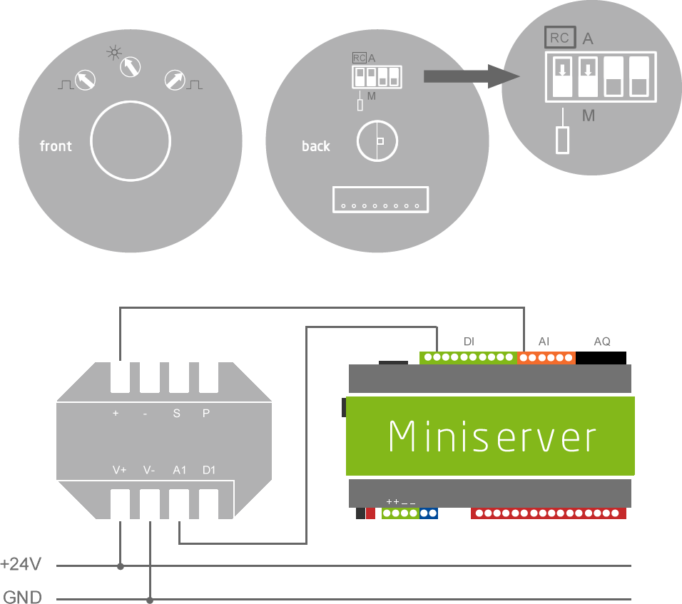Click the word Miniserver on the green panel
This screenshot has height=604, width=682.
pyautogui.click(x=492, y=436)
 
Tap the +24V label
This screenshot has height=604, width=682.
pyautogui.click(x=21, y=565)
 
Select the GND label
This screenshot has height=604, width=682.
pyautogui.click(x=23, y=595)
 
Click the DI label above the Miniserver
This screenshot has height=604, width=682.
pyautogui.click(x=469, y=342)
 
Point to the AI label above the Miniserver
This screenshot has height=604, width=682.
pyautogui.click(x=544, y=342)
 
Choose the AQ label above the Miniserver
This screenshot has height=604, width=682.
pyautogui.click(x=602, y=342)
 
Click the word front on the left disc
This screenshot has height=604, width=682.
pyautogui.click(x=56, y=146)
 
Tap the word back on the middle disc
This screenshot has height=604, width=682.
pyautogui.click(x=315, y=146)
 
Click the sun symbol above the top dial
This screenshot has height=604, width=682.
pyautogui.click(x=113, y=52)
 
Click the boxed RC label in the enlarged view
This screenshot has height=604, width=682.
pyautogui.click(x=560, y=38)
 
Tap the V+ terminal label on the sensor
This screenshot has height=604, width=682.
pyautogui.click(x=119, y=471)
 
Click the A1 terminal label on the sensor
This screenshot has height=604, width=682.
pyautogui.click(x=179, y=471)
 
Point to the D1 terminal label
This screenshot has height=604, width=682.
pyautogui.click(x=208, y=471)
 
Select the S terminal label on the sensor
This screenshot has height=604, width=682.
pyautogui.click(x=177, y=413)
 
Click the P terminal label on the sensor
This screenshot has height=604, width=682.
pyautogui.click(x=206, y=413)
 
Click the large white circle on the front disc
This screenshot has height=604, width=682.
pyautogui.click(x=131, y=140)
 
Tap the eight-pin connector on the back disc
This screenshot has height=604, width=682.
pyautogui.click(x=380, y=199)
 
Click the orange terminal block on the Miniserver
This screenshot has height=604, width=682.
pyautogui.click(x=546, y=357)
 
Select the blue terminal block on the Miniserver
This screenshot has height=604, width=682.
pyautogui.click(x=428, y=513)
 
